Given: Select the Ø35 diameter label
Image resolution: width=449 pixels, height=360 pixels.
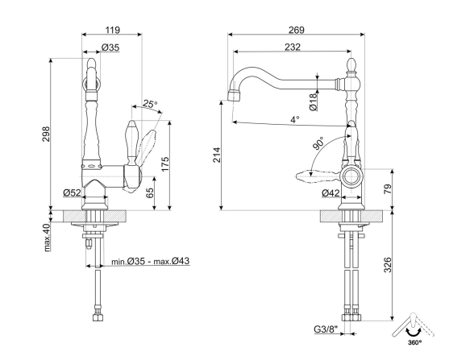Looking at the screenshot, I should pyautogui.click(x=110, y=48).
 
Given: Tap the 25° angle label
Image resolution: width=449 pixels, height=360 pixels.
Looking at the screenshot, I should pyautogui.click(x=149, y=104).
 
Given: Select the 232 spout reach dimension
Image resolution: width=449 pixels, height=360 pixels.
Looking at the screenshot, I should pyautogui.click(x=293, y=48).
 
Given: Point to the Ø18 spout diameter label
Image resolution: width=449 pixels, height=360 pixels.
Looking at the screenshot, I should pyautogui.click(x=313, y=100).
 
